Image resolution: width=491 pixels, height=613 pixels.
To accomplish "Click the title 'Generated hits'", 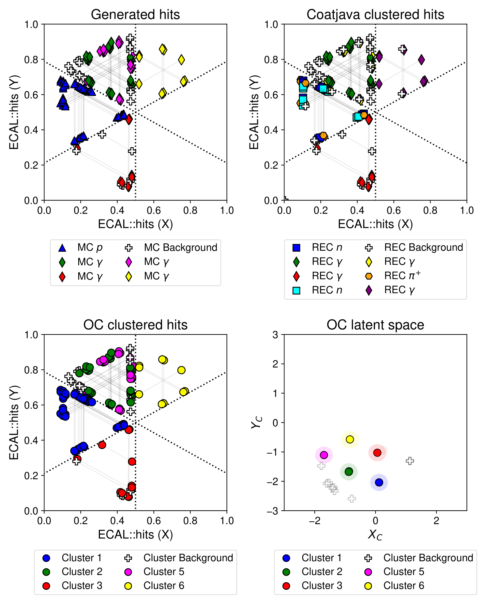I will point(135,14).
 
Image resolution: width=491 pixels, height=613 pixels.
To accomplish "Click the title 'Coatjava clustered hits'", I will point(375,14).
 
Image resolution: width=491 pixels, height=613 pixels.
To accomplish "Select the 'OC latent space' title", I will point(375,325).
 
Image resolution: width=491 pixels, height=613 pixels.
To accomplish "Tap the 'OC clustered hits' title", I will point(135,325).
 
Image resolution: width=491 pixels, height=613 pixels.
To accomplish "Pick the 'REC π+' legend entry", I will point(402,276).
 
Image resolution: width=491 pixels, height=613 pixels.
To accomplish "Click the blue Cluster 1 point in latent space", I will point(379,482).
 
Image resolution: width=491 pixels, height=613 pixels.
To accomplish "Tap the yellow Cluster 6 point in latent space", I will point(350,439).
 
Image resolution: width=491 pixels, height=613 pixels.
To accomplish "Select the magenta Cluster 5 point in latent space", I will point(324,455).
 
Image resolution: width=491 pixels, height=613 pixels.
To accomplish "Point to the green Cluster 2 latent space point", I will point(349,471).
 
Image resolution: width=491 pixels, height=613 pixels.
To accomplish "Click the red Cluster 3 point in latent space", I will point(377,452).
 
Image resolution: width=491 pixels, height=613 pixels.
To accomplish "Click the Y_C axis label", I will point(257,422).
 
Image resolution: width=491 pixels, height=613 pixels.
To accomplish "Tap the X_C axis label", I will point(375,535).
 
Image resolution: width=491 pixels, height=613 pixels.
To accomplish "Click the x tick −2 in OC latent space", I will point(314,521).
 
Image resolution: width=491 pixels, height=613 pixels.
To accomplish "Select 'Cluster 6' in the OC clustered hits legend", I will point(164,585).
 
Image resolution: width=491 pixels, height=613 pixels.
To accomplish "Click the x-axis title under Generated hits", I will point(135,224).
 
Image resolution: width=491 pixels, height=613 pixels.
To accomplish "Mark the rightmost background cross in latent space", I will point(410,461).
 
